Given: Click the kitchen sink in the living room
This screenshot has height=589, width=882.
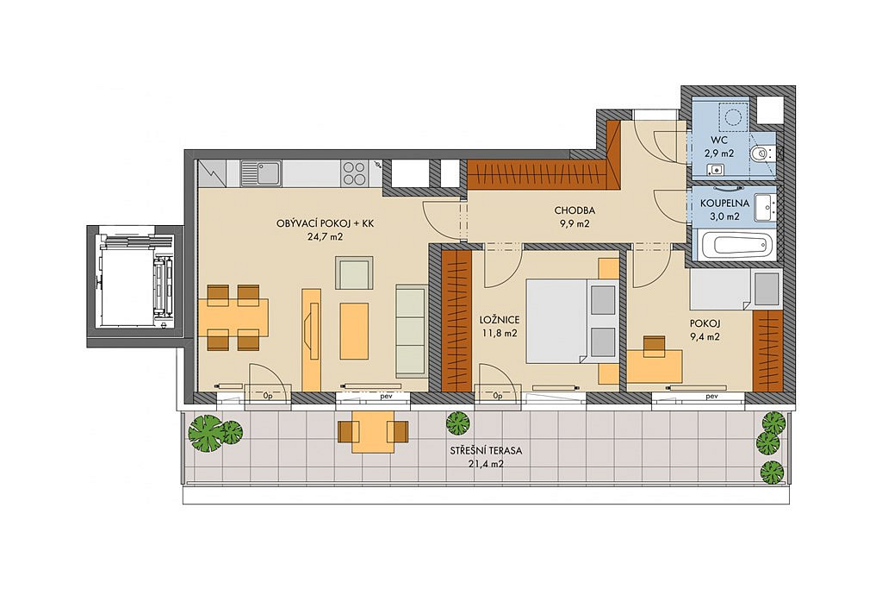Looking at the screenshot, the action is click(x=262, y=172).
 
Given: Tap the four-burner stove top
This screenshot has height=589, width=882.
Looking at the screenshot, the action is click(x=354, y=172).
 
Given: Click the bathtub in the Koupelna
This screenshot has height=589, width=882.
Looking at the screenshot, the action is click(x=733, y=246).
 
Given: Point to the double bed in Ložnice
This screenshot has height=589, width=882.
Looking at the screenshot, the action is click(x=570, y=321).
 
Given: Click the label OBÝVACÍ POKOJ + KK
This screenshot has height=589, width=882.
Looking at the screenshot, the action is click(x=325, y=223).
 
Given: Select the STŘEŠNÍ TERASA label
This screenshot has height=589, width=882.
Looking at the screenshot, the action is click(x=486, y=451).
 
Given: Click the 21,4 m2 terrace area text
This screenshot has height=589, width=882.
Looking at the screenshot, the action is click(x=486, y=465).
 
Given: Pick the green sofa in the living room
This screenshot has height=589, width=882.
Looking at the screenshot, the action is click(x=410, y=330).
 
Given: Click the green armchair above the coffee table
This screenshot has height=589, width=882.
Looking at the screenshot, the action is click(x=354, y=273).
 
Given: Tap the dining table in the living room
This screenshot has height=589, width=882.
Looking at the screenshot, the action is click(x=233, y=317).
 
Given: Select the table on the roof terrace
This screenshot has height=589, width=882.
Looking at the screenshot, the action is click(x=373, y=431).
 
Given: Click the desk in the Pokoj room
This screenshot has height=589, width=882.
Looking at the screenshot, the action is click(x=655, y=367).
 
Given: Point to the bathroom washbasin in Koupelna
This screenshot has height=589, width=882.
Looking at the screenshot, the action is click(x=765, y=207).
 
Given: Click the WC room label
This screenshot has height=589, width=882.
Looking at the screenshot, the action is click(x=719, y=139).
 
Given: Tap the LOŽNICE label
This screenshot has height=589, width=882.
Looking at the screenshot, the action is click(x=500, y=320).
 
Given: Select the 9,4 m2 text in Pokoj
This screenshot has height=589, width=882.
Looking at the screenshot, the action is click(x=705, y=337).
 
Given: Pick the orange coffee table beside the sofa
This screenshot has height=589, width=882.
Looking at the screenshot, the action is click(x=354, y=330).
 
